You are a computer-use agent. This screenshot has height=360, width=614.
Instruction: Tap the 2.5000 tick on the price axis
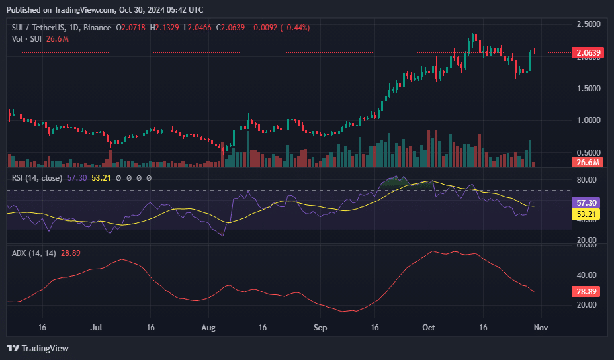click(588, 24)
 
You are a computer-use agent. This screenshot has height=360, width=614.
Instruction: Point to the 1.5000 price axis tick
click(588, 89)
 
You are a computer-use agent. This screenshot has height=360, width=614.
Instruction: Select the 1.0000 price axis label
click(588, 120)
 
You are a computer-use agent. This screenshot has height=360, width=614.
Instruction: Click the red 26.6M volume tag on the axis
click(587, 163)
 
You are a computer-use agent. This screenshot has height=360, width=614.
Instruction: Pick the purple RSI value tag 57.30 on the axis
click(588, 203)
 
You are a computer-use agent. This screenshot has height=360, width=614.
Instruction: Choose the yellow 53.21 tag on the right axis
click(588, 214)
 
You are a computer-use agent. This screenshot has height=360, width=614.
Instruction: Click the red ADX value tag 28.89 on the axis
click(588, 291)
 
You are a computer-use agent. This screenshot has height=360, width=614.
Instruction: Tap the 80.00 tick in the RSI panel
click(588, 179)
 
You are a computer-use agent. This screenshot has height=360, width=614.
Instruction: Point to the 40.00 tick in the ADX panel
click(588, 275)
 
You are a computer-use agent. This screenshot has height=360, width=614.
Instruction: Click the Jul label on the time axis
click(97, 328)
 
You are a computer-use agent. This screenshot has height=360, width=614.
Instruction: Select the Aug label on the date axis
click(209, 328)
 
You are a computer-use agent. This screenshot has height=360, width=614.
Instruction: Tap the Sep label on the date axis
click(320, 328)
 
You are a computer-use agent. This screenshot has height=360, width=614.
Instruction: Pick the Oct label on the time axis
click(429, 328)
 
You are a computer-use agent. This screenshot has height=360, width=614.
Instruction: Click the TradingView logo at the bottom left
click(38, 348)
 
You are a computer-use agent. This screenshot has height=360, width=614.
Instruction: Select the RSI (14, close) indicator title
click(37, 178)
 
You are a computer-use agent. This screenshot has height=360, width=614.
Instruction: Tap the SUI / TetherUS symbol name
click(37, 28)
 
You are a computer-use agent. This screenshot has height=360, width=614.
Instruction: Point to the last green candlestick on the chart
click(531, 61)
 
